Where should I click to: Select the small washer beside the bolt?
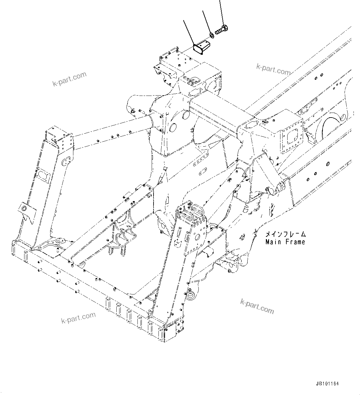(211, 35)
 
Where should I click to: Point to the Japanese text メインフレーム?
(285, 234)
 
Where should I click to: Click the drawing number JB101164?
(327, 384)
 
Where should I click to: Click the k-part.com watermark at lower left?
(78, 317)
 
